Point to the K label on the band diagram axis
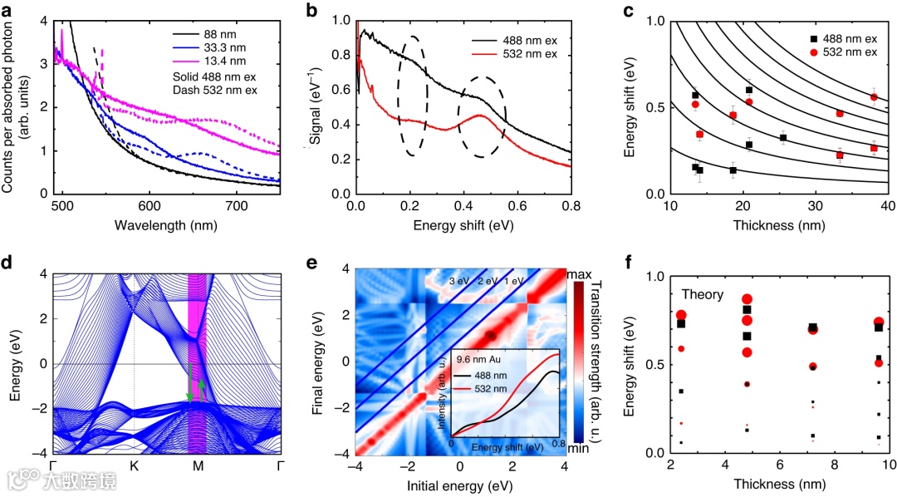[134, 466]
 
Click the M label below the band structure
[198, 466]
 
